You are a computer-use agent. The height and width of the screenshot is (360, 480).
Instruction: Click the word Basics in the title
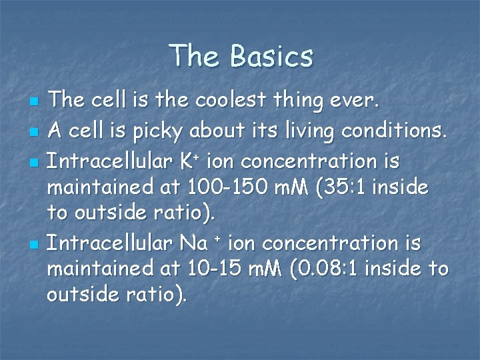[271, 56]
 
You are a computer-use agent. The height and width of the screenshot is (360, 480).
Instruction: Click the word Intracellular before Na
[108, 243]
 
